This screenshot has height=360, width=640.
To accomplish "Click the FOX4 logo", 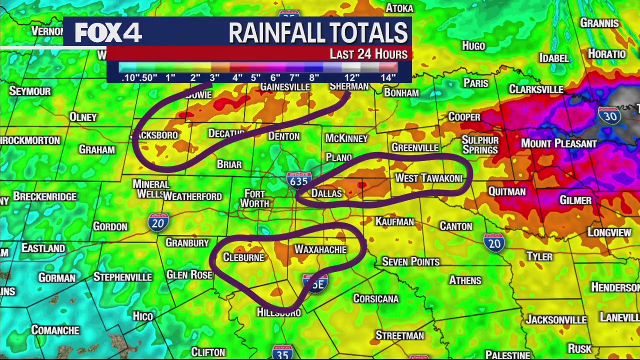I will pos(108,33).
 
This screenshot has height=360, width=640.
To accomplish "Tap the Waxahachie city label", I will pos(320,249).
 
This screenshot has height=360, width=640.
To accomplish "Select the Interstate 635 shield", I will pos(299,180).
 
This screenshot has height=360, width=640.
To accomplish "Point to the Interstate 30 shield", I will pos(609,115).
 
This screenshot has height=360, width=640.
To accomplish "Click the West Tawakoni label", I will pos(428,178).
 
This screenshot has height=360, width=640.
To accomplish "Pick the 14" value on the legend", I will pos(388,77).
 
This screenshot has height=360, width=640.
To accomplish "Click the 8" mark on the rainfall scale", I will pos(314,77).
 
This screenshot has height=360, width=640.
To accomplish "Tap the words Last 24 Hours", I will pos(368,54).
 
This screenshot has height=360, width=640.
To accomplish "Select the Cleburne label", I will pos(243,257).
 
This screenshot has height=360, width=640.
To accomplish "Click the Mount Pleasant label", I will pos(559,143).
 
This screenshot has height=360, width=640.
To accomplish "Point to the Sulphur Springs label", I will pos(480,144).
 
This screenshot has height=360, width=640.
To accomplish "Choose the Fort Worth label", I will pos(254,198).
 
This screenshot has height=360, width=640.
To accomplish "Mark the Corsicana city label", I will pos(376,298).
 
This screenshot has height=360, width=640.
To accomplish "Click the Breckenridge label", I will pos(45,196).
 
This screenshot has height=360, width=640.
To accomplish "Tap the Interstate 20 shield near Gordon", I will pos(158,222).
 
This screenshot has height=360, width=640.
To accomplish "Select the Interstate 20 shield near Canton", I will pos(494,242).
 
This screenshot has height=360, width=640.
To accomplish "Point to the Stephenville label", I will pos(122,276).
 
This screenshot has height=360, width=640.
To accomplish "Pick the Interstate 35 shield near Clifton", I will pos(282,352).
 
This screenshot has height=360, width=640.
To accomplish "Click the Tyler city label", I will pos(539,256).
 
